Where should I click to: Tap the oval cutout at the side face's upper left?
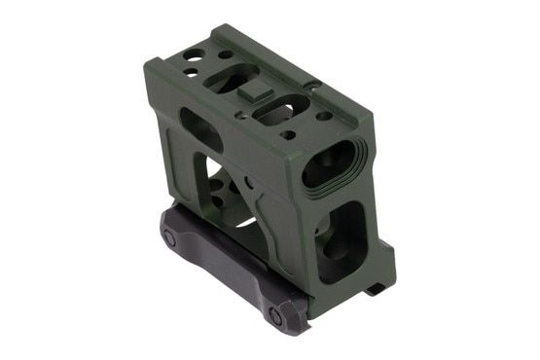point(199,124)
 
